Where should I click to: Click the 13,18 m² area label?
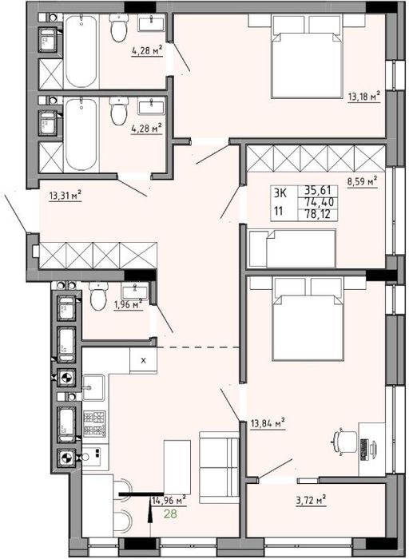pos(363,97)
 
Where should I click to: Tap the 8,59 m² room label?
pos(363,181)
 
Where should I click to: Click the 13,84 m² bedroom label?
pos(267,423)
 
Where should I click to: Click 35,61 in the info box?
pos(318,190)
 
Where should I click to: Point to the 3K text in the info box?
pos(280,193)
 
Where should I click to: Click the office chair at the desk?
pos(345,442)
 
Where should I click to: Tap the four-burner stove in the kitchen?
pos(94,423)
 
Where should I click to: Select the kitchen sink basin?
pos(93,387)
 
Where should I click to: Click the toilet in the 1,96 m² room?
pos(99,295)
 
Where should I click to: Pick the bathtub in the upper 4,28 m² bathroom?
pos(81,50)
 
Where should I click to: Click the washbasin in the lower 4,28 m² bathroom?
pos(152,107)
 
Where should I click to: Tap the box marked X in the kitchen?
pos(143,360)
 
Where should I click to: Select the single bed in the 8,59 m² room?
pos(292,248)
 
